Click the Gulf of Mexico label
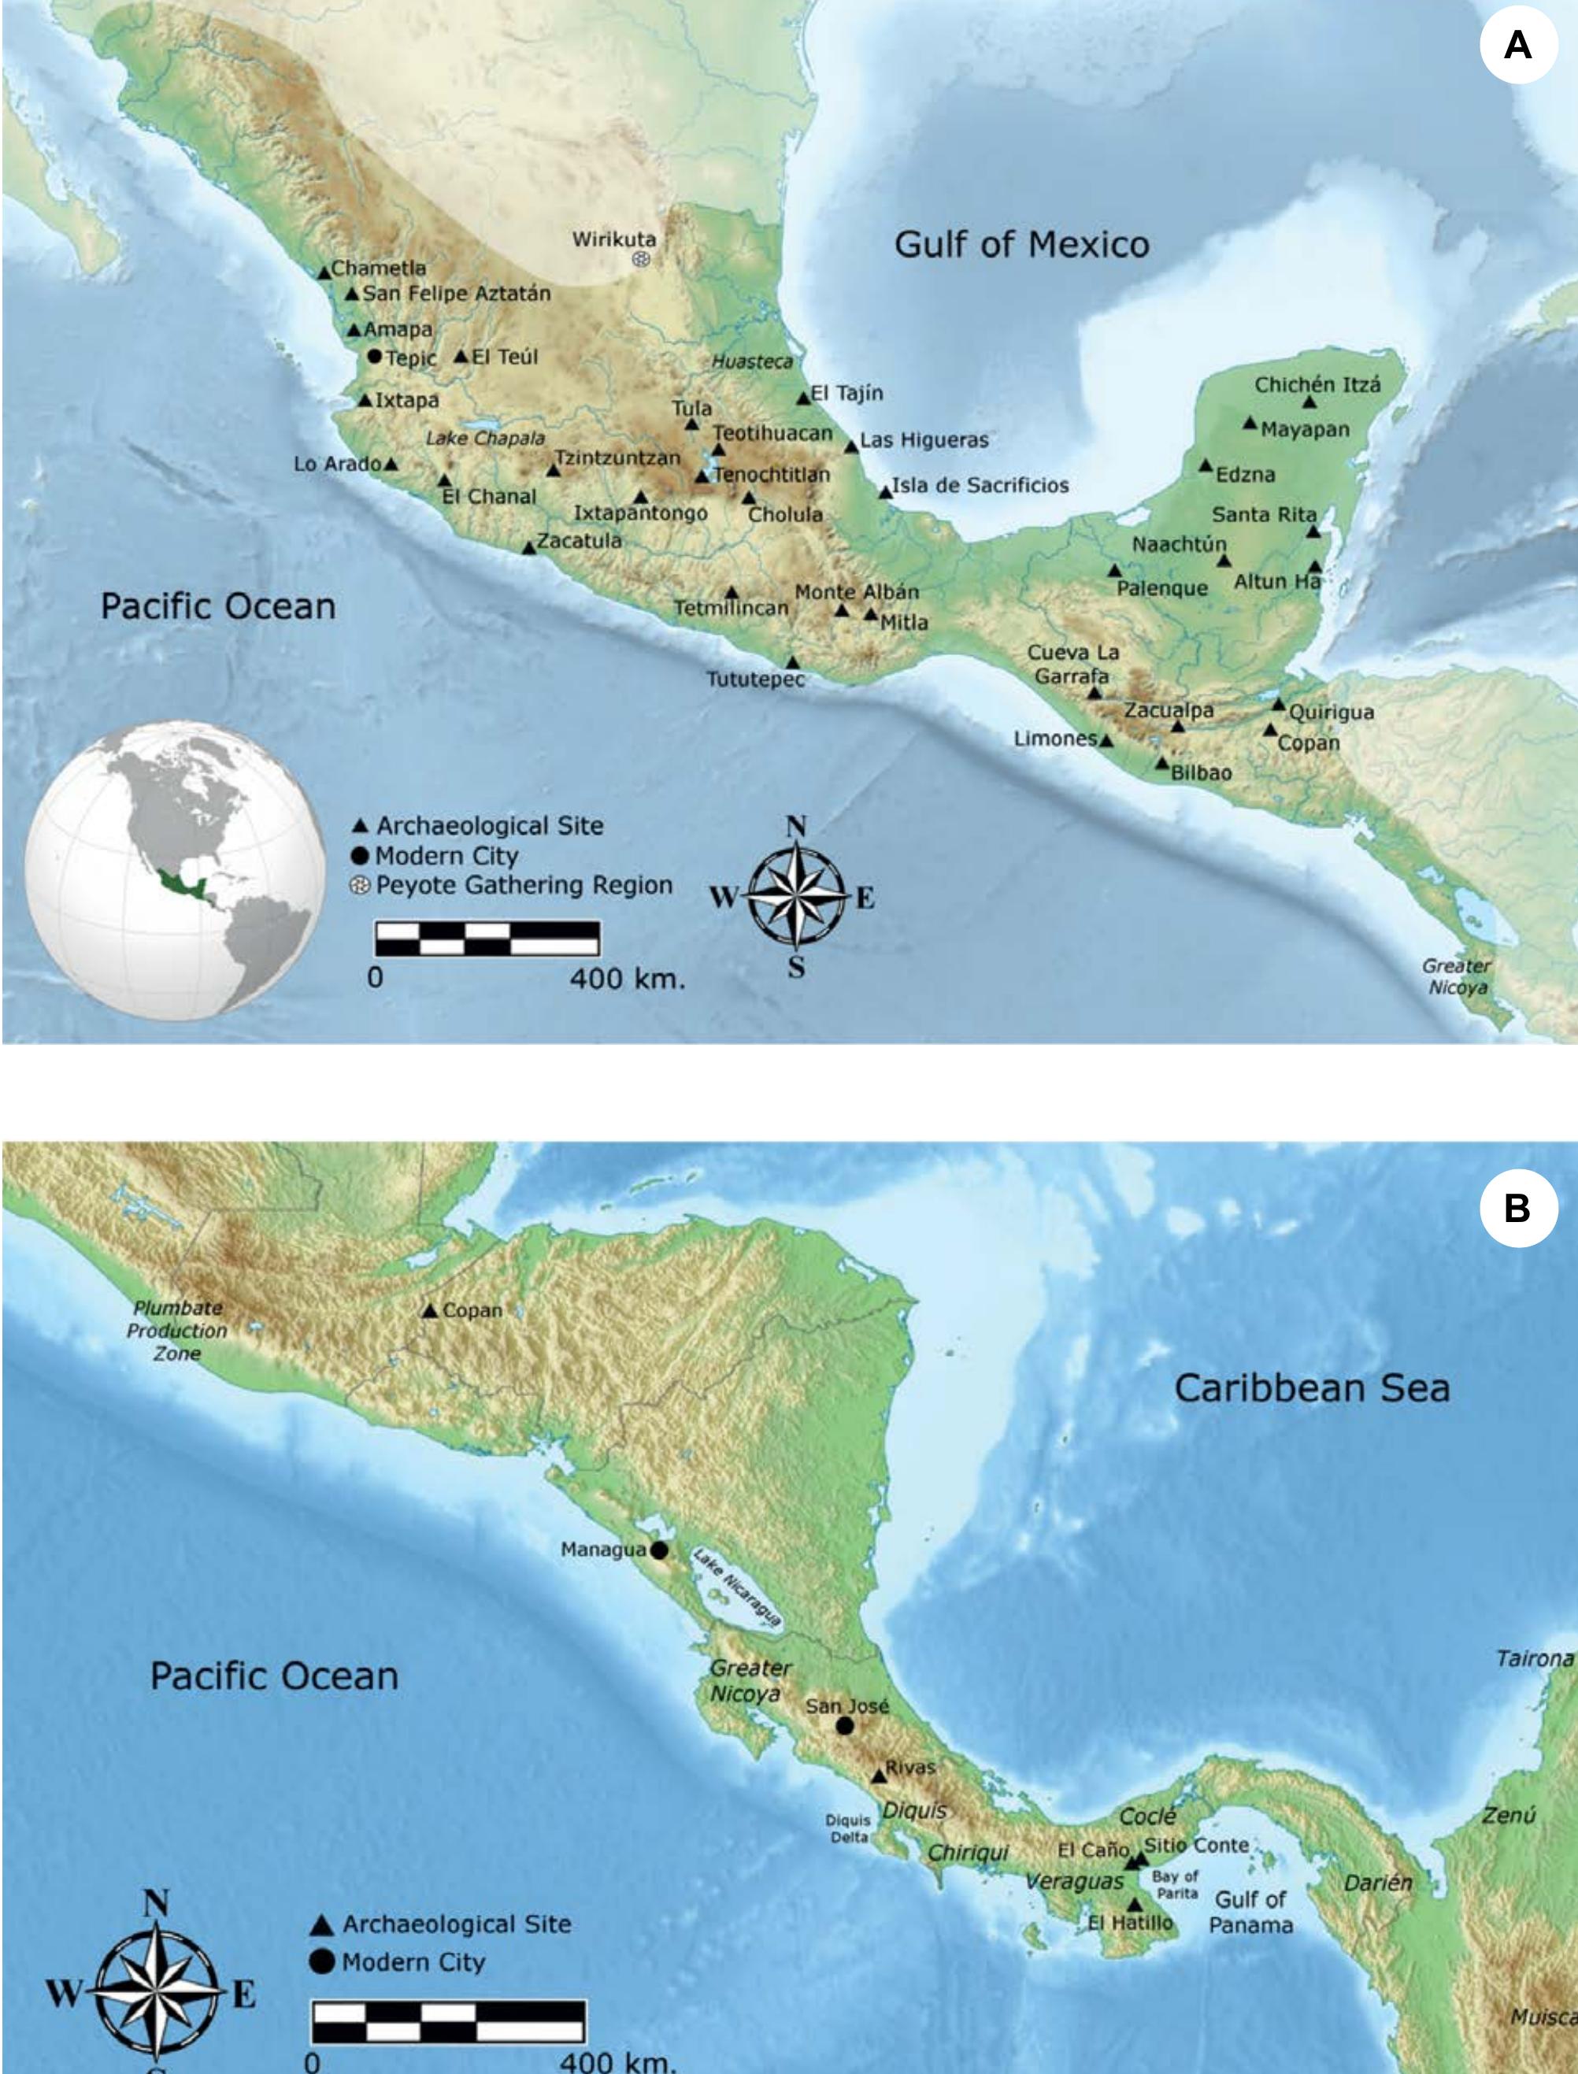tap(1021, 245)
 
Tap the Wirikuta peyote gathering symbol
tap(641, 258)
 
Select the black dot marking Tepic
tap(375, 356)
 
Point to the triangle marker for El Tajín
tap(803, 398)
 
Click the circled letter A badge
tap(1518, 45)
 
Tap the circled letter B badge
tap(1518, 1208)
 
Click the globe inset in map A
tap(175, 870)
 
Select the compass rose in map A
tap(795, 895)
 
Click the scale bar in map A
tap(487, 938)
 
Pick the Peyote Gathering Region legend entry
tap(512, 885)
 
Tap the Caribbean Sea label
tap(1311, 1388)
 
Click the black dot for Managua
tap(659, 1550)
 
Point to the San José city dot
tap(844, 1725)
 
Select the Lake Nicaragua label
tap(736, 1587)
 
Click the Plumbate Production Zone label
tap(177, 1330)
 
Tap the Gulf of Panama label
tap(1250, 1913)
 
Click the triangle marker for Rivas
tap(880, 1776)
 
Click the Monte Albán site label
tap(857, 592)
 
